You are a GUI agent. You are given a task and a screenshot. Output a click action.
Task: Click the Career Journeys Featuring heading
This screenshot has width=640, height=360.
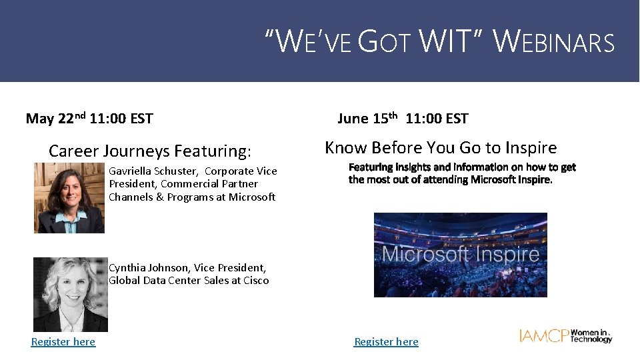[x=150, y=151]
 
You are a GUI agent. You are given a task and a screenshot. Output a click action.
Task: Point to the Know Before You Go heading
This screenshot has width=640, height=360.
[x=441, y=147]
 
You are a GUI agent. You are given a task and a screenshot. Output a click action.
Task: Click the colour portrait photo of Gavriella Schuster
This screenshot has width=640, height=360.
[x=69, y=197]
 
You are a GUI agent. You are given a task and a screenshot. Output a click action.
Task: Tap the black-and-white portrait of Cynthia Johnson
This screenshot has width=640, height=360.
[x=70, y=294]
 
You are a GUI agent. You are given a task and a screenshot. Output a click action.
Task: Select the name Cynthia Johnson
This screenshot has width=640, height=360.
[x=147, y=268]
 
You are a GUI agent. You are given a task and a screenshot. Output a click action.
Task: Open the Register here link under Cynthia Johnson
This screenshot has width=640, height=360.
[x=63, y=341]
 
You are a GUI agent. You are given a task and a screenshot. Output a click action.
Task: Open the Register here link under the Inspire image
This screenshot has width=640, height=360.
[x=386, y=341]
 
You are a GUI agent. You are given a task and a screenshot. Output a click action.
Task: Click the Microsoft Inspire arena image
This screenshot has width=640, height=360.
[x=460, y=255]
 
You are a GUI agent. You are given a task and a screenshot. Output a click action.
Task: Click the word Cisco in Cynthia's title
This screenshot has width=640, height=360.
[x=256, y=281]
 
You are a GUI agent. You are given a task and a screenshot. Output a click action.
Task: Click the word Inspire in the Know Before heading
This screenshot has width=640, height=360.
[x=530, y=147]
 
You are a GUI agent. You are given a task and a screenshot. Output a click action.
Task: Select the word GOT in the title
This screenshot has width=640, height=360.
[x=385, y=41]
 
